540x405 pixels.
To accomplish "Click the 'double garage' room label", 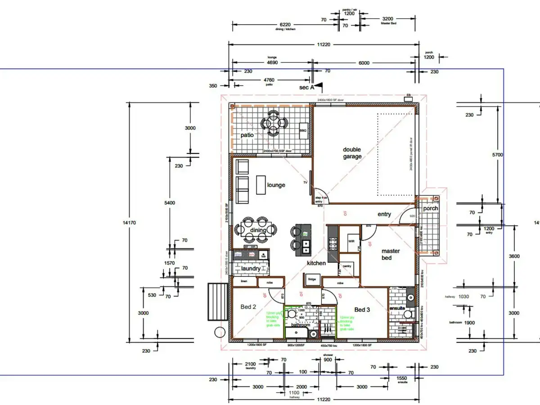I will (352, 153).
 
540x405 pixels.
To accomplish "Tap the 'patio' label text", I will (247, 135).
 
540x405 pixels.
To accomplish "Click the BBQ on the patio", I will (303, 130).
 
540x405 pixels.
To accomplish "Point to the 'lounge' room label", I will (276, 185).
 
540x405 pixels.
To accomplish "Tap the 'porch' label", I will (431, 209).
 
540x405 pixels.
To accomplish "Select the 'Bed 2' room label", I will (248, 307).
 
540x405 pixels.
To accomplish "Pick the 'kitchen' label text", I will (316, 263).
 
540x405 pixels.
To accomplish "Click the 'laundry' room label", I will (251, 269).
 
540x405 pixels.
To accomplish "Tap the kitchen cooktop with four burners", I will (333, 243).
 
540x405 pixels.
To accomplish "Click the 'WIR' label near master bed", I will (351, 241).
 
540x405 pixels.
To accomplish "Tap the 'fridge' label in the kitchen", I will (312, 279).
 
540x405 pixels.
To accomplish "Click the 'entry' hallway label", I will (384, 214).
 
